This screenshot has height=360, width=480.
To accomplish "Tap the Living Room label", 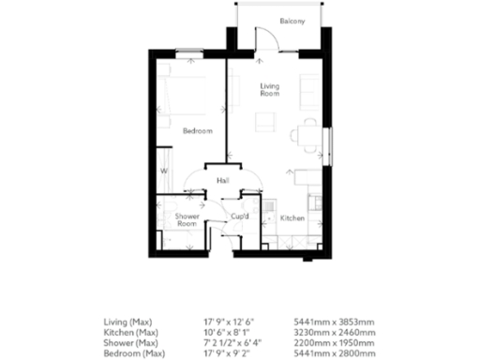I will point(270,90).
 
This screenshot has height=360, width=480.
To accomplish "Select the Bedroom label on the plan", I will point(197,131).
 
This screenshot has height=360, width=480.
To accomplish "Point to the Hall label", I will point(223,180).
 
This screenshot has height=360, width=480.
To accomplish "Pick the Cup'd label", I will point(240,217).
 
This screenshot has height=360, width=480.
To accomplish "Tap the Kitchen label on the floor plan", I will point(292,217).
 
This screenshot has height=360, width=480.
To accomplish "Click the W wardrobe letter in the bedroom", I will point(162,172).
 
